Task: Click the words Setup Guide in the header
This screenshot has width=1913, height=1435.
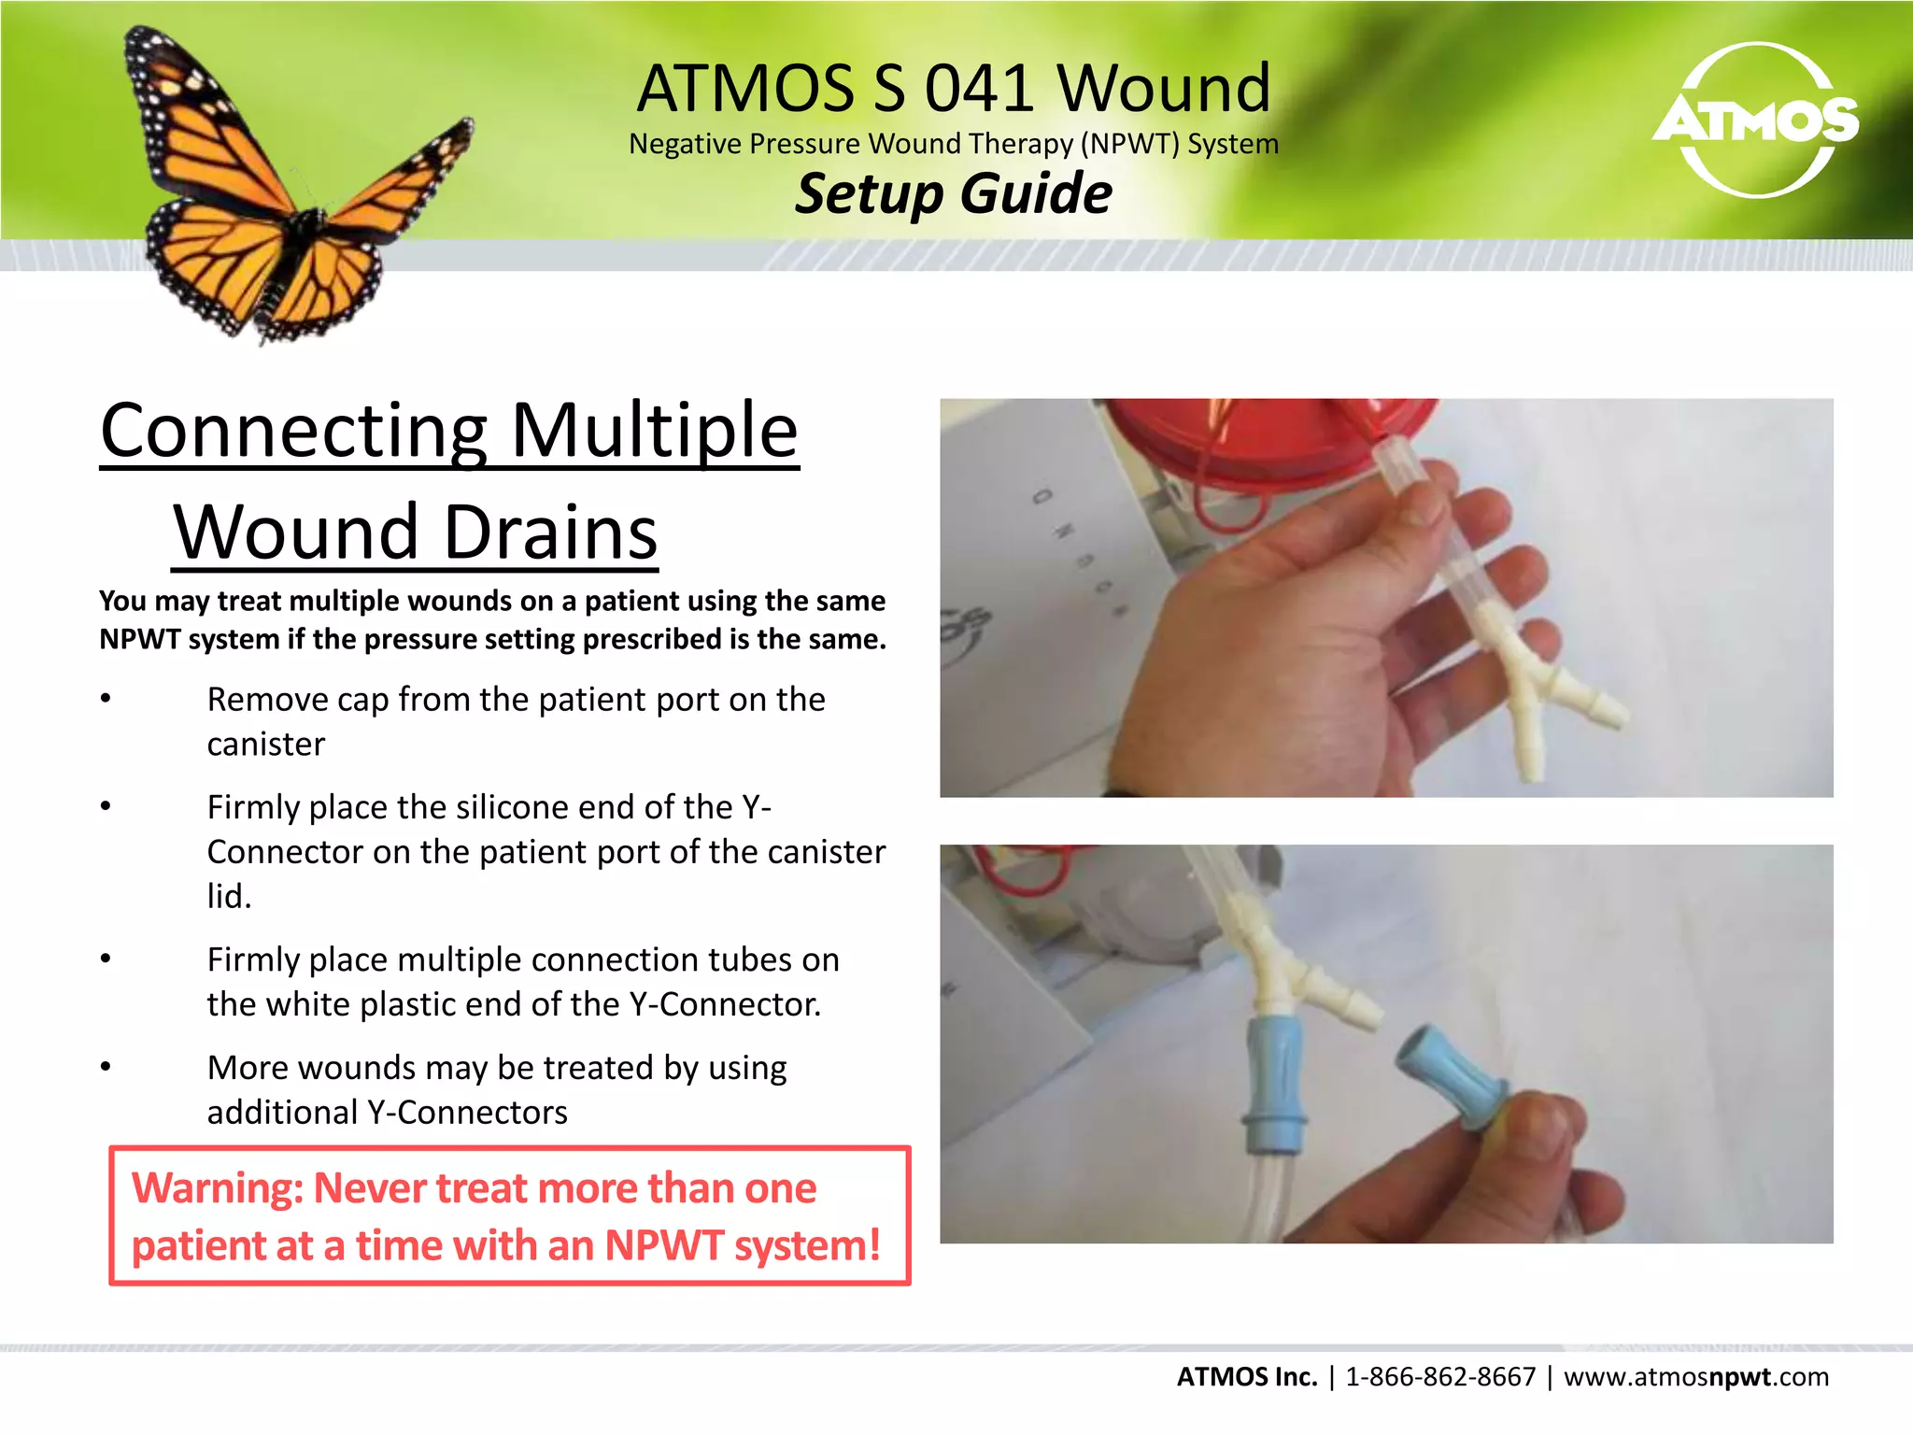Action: pos(954,193)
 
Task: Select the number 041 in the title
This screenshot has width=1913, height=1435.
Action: pos(979,88)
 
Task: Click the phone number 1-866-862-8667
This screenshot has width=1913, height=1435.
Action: pos(1440,1377)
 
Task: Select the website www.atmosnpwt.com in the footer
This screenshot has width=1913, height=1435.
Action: pos(1696,1377)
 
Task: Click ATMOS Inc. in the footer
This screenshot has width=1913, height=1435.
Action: pos(1246,1377)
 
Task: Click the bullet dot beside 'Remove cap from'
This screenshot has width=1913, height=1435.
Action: pos(106,699)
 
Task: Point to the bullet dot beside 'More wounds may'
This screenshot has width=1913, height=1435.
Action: pos(106,1067)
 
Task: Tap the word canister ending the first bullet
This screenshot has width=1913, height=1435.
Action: pos(266,745)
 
